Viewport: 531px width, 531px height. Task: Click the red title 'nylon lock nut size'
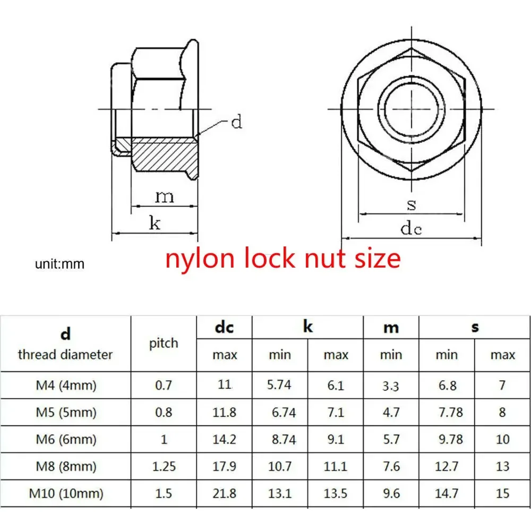(283, 259)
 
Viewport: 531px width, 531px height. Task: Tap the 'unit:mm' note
(59, 264)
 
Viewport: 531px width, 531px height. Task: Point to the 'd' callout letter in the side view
(236, 122)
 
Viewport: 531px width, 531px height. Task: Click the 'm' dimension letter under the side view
(165, 197)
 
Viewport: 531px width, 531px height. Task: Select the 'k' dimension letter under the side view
(155, 223)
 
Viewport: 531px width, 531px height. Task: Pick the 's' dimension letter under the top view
(411, 205)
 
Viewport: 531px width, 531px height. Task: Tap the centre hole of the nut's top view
(412, 109)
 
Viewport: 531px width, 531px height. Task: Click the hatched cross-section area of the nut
(164, 154)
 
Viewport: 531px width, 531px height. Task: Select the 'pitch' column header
(164, 344)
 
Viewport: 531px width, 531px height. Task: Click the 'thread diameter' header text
(65, 355)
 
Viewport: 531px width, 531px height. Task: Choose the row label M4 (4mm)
(66, 386)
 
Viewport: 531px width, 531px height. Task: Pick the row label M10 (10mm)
(66, 493)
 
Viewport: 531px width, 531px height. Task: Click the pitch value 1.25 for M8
(164, 467)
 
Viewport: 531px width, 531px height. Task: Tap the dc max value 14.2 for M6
(224, 440)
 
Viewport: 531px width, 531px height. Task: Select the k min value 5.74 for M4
(279, 384)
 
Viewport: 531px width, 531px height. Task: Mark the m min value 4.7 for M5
(391, 413)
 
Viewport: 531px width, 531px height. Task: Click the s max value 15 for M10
(502, 493)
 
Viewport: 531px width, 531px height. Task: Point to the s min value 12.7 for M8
(447, 467)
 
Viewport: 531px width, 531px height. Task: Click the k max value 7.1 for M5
(336, 413)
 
